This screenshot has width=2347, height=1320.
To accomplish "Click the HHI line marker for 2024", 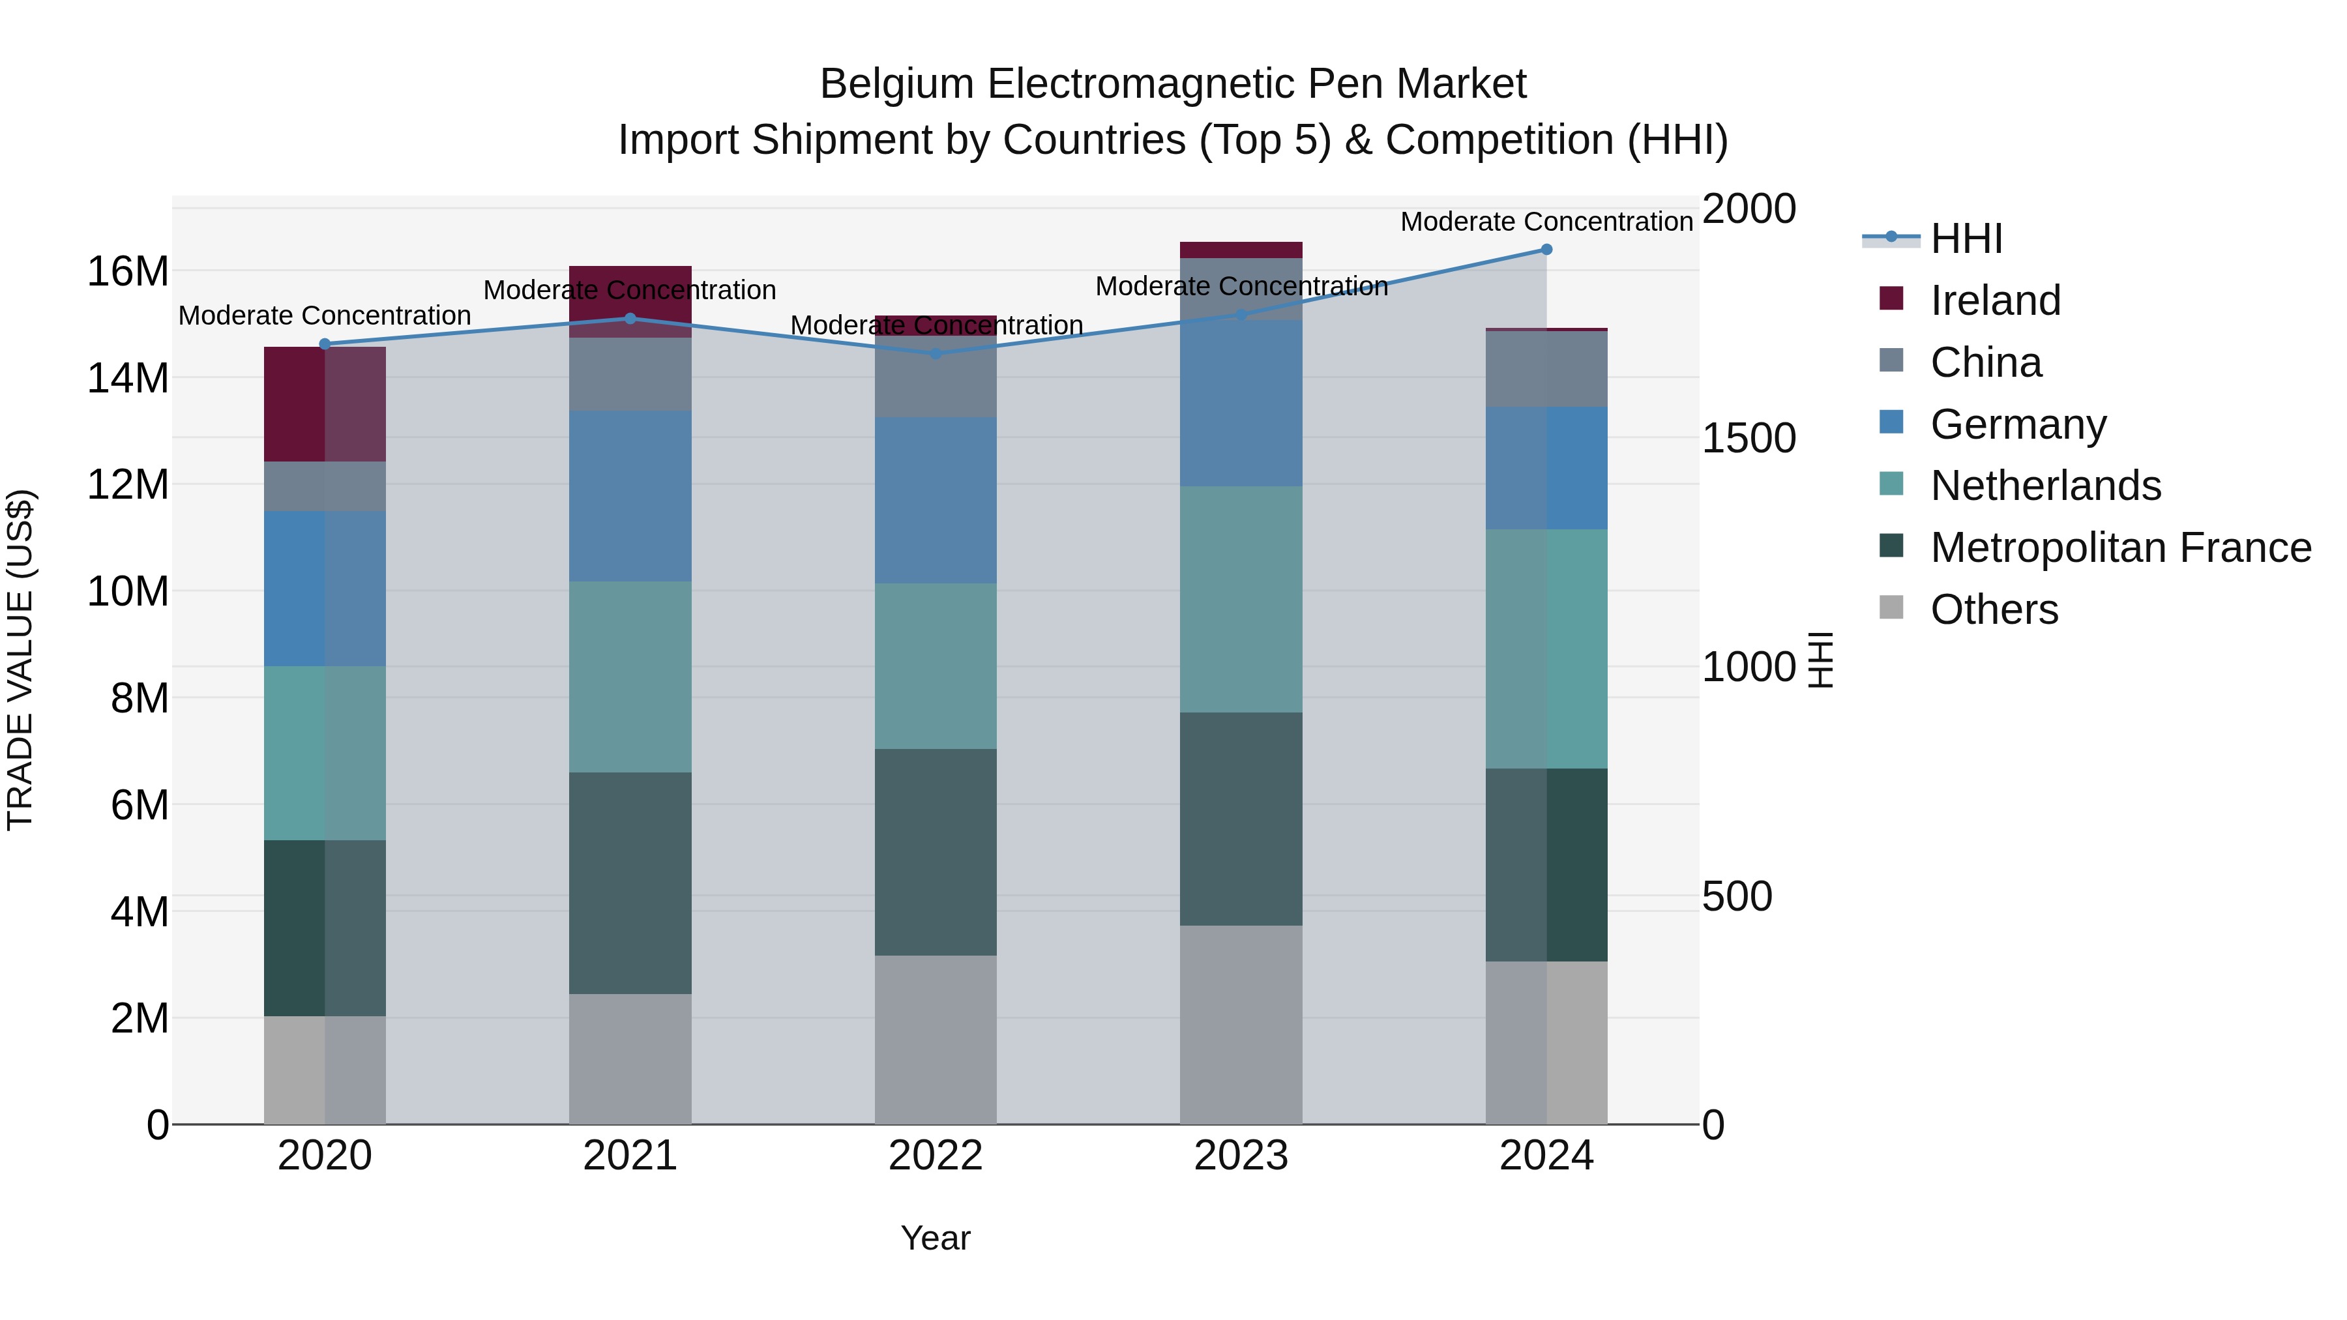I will coord(1546,250).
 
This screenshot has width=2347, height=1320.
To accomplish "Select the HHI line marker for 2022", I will coord(936,353).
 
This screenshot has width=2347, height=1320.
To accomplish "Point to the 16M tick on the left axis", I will coord(128,271).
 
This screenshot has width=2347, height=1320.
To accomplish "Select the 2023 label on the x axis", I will coord(1240,1156).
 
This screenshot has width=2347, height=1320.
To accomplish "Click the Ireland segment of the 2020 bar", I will coord(325,403).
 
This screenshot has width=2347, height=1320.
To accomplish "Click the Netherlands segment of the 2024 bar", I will coord(1546,649).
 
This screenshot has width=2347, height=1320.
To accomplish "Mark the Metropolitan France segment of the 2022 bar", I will coord(936,852).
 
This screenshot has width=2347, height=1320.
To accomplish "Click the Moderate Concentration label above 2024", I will coord(1546,222).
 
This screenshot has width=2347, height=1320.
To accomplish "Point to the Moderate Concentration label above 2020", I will coord(325,315).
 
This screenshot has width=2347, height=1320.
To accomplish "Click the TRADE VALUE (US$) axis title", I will coord(20,660).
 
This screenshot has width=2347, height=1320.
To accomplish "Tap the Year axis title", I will coord(936,1238).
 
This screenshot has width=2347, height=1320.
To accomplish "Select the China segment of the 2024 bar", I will coord(1546,369).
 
